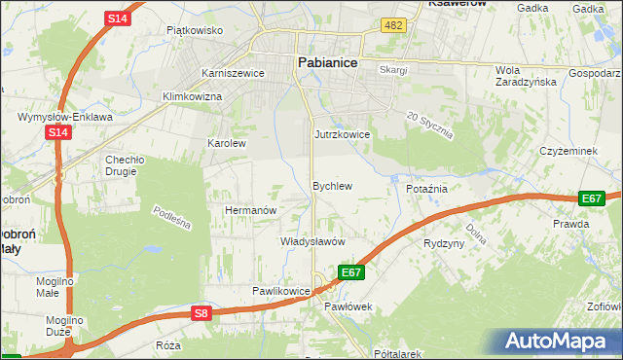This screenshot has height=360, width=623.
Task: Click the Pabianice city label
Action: pos(326,62)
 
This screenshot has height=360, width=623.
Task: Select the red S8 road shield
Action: pos(201,312)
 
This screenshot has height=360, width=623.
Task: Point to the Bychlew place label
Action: pos(331,185)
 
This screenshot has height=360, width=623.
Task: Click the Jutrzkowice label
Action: pos(342,134)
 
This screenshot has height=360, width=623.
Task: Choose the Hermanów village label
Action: pos(251,210)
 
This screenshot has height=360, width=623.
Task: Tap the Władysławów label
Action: pos(313,240)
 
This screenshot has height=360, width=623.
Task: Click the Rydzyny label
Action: pos(444,243)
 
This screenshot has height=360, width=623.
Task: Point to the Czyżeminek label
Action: pos(568,151)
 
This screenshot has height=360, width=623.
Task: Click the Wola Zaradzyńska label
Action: pos(525,76)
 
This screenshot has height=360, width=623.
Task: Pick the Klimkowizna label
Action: pos(192,97)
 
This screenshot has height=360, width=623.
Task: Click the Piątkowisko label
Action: pos(195,30)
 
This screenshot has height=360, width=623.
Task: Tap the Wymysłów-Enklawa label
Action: pos(58,117)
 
